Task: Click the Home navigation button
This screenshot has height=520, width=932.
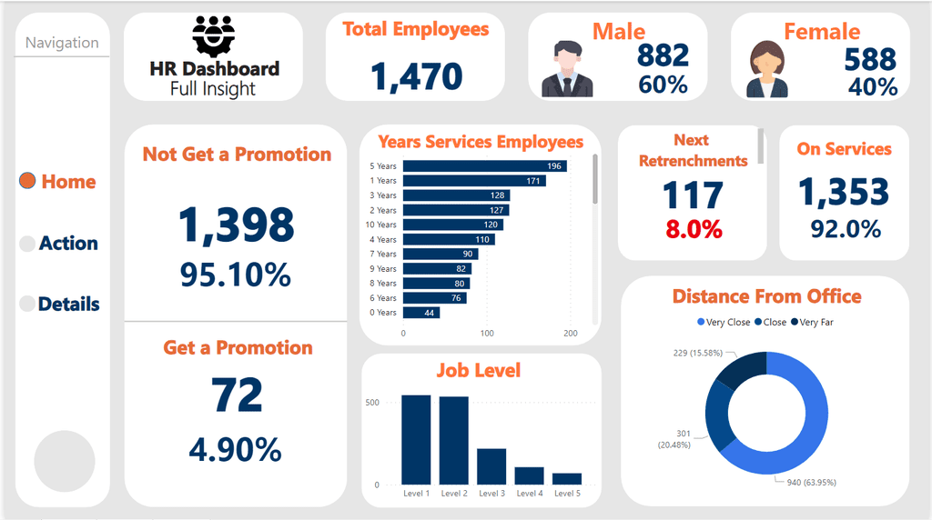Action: coord(58,182)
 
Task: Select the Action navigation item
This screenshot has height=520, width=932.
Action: coord(59,244)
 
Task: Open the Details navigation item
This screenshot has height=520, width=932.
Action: coord(59,305)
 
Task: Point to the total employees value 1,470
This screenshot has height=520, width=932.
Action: coord(416,76)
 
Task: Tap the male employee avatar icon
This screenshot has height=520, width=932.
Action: coord(567,69)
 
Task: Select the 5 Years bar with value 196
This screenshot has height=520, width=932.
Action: coord(484,166)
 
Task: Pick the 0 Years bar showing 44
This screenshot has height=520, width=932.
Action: coord(421,313)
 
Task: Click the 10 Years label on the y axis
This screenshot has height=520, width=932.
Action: coord(382,225)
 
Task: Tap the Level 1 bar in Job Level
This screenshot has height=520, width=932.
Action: coord(416,440)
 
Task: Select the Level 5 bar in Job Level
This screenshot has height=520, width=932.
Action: coord(567,478)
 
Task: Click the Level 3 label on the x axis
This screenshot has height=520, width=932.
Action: coord(491,494)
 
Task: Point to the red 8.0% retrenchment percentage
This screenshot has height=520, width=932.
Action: coord(694,229)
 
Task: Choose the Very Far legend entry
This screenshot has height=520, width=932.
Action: coord(815,322)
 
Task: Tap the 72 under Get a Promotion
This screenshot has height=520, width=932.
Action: coord(237,395)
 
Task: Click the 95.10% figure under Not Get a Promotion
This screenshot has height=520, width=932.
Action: coord(236,275)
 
